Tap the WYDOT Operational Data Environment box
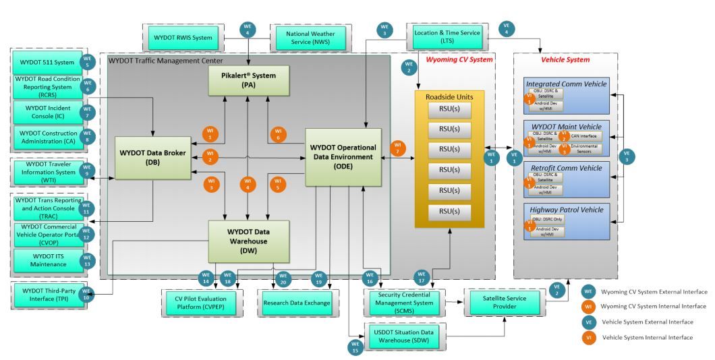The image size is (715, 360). click(x=343, y=156)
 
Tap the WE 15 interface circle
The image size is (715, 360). click(x=355, y=348)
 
